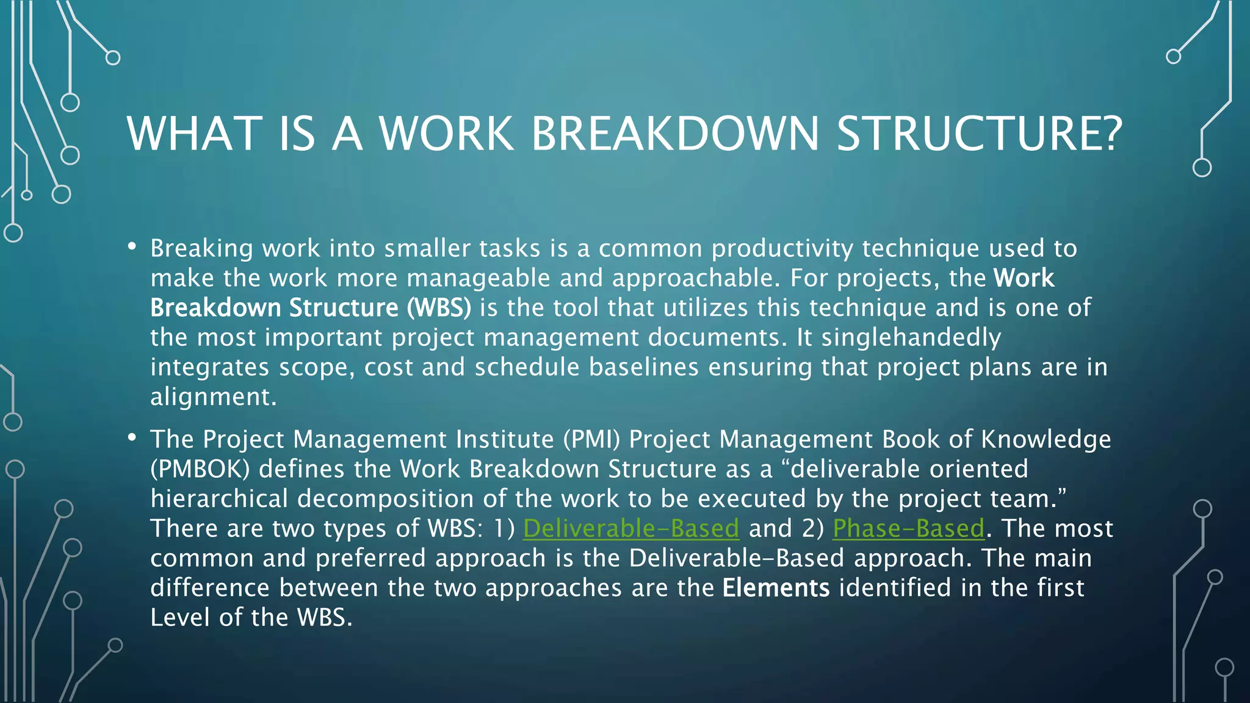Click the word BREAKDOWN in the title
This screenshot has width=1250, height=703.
pos(674,134)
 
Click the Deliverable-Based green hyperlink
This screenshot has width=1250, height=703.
pos(631,528)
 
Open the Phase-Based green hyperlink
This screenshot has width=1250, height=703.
pos(909,528)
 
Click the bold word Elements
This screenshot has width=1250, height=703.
pos(776,588)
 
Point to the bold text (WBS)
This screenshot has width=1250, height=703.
pos(439,308)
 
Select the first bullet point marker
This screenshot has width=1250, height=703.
pos(132,246)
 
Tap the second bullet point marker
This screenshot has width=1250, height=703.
pos(132,437)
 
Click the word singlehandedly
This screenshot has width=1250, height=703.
pos(911,337)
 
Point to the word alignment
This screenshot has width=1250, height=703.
pos(213,397)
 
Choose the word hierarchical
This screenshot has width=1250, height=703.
pos(219,499)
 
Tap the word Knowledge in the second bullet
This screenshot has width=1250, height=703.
pos(1046,439)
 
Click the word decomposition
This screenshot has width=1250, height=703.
pos(385,499)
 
